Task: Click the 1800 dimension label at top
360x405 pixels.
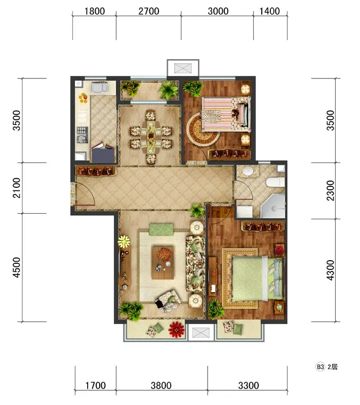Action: (x=95, y=11)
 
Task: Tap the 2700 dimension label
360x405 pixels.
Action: (x=149, y=11)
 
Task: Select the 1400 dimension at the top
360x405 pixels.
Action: (x=269, y=11)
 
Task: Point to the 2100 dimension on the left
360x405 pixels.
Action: (x=17, y=188)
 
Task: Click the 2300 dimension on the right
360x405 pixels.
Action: (x=330, y=191)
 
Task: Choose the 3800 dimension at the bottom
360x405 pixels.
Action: (x=161, y=386)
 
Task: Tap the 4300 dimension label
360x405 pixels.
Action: (x=330, y=270)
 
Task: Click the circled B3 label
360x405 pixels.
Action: (x=320, y=367)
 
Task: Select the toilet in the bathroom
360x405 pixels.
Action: (x=275, y=182)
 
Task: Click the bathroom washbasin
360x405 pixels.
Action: (x=248, y=171)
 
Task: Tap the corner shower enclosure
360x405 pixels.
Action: (x=273, y=206)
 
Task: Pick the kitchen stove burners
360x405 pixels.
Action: (x=83, y=135)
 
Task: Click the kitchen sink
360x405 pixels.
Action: (x=99, y=87)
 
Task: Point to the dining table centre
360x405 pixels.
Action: (x=151, y=137)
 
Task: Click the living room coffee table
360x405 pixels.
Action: (x=163, y=263)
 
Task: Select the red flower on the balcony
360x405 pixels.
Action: (x=176, y=330)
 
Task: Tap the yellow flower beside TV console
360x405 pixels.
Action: (x=124, y=242)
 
